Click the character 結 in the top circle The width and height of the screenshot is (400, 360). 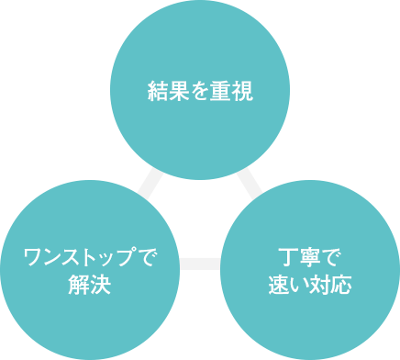[x=157, y=90]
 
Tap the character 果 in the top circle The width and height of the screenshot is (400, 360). [x=178, y=90]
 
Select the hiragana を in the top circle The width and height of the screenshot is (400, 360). [x=199, y=90]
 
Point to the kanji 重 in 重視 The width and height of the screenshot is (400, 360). [x=220, y=90]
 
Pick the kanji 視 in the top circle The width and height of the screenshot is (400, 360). [x=241, y=90]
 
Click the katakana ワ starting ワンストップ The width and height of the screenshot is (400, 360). [x=31, y=258]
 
